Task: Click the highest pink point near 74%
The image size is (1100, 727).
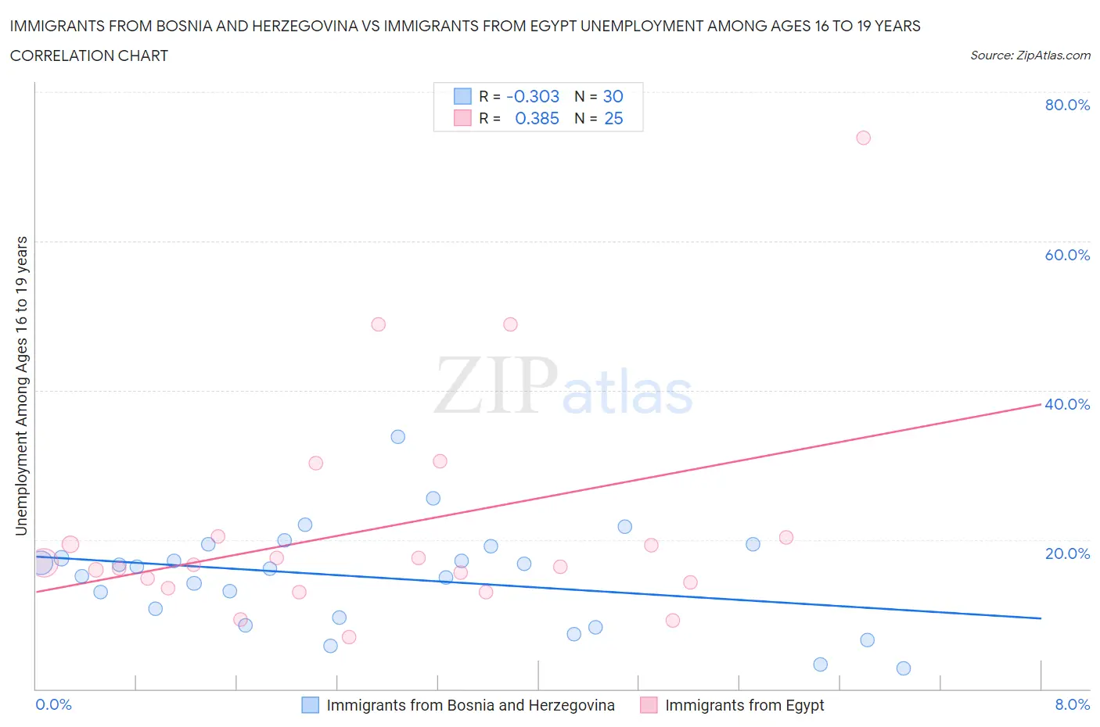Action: coord(863,138)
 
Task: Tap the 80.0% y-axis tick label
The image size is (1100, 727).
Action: coord(1067,105)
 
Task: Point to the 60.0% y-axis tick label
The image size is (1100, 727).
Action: coord(1067,255)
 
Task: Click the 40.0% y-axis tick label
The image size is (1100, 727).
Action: coord(1067,404)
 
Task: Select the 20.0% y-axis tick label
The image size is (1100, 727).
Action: coord(1067,553)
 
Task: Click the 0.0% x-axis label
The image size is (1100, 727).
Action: coord(53,704)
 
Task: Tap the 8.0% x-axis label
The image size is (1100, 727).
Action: coord(1072,704)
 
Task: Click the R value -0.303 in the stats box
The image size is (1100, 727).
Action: coord(533,96)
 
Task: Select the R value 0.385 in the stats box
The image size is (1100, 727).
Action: coord(537,118)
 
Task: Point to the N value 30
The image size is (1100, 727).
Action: coord(613,96)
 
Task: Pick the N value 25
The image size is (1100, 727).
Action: coord(613,118)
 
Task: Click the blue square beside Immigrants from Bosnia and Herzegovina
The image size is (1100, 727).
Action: coord(311,705)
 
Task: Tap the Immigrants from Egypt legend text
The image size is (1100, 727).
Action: coord(744,705)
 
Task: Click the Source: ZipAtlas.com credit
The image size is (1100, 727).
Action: coord(1030,56)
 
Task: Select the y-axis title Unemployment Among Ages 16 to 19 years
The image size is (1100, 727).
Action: coord(22,386)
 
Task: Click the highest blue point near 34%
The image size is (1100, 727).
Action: coord(397,437)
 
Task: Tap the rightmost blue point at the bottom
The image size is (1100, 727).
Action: coord(903,668)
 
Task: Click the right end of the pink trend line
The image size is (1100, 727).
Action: coord(1041,404)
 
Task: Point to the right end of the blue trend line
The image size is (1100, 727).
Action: coord(1041,618)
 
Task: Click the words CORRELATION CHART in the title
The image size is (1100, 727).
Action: coord(89,56)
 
